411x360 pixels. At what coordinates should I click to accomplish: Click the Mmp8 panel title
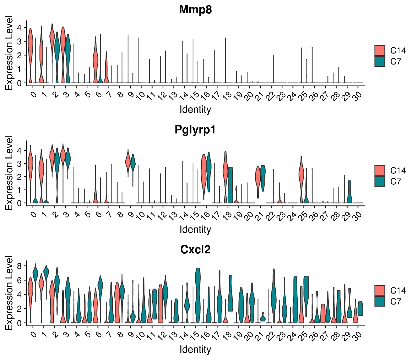pos(195,10)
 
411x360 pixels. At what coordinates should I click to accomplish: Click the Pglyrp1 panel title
pos(195,130)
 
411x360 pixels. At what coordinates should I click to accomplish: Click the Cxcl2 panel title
pos(195,250)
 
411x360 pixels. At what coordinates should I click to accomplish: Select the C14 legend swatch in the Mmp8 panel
pos(380,50)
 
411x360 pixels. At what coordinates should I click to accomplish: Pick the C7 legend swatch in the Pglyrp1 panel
pos(380,181)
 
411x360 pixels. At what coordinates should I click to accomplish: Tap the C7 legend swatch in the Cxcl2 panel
pos(380,301)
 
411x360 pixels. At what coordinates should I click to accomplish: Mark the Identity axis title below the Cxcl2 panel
pos(195,349)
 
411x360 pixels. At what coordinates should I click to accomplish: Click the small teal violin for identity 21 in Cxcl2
pos(263,318)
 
